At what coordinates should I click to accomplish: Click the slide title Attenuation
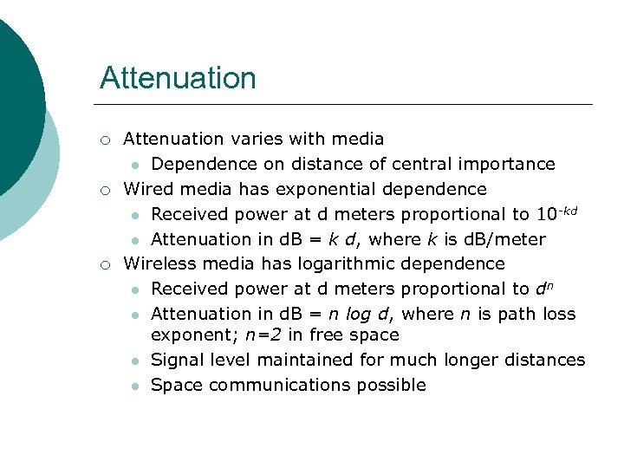(178, 78)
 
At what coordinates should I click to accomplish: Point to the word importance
(511, 164)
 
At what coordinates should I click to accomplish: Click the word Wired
(147, 189)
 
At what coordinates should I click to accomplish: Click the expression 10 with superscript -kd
(556, 213)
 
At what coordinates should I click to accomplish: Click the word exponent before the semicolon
(187, 335)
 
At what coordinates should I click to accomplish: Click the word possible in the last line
(394, 386)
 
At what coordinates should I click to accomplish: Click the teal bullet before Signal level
(135, 361)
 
